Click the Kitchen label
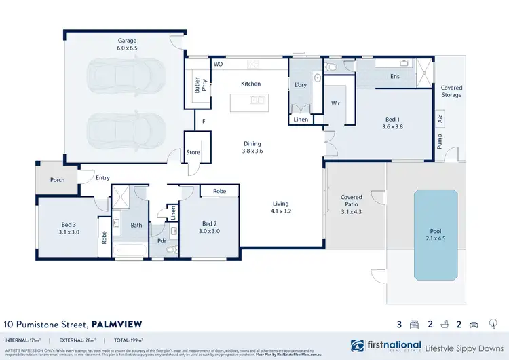250,84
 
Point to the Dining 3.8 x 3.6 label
252,147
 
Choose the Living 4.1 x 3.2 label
280,207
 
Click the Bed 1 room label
393,122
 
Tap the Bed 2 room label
210,227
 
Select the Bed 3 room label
70,227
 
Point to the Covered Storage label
451,91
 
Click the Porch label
57,180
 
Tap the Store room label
193,152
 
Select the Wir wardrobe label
335,103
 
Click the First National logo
385,346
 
